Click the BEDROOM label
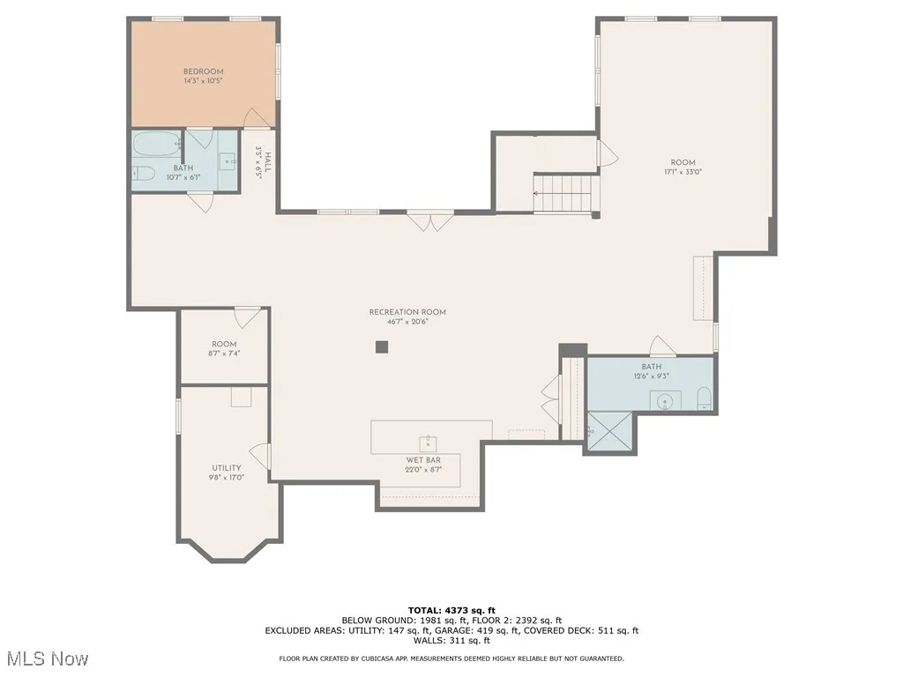click(x=203, y=71)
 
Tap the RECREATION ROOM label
click(x=407, y=312)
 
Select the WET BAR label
click(x=417, y=459)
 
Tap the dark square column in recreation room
click(x=382, y=346)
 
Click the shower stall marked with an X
click(x=608, y=432)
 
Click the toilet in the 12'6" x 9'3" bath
click(x=704, y=399)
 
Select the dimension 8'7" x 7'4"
click(x=224, y=353)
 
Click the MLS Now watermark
click(x=47, y=658)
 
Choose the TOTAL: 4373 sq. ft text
click(x=451, y=610)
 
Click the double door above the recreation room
click(x=431, y=221)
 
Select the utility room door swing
click(x=260, y=456)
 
